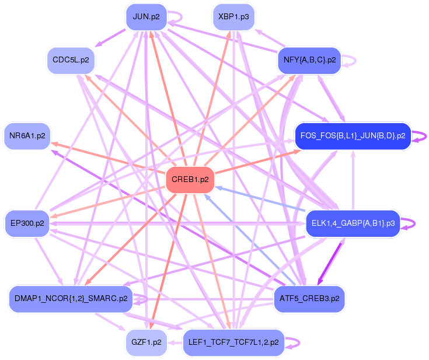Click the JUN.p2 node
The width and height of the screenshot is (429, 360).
[147, 17]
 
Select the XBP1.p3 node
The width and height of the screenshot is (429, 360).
[233, 17]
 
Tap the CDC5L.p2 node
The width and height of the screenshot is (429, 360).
[71, 60]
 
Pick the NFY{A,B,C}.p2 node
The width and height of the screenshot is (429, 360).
[309, 60]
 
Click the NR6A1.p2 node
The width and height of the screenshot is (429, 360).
[27, 136]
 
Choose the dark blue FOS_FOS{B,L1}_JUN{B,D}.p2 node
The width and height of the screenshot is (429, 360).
[353, 136]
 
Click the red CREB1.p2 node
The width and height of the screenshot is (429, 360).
[190, 180]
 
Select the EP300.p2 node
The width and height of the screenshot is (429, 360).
[27, 223]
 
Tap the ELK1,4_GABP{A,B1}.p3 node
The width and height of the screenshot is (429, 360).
[353, 223]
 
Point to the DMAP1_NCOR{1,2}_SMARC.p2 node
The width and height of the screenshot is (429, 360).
[71, 299]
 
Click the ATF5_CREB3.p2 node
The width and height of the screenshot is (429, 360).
[309, 299]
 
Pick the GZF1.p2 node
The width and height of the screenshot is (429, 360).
[147, 342]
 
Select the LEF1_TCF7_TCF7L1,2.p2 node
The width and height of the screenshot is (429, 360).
[233, 342]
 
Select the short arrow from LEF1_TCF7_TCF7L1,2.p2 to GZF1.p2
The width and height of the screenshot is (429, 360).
[175, 342]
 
